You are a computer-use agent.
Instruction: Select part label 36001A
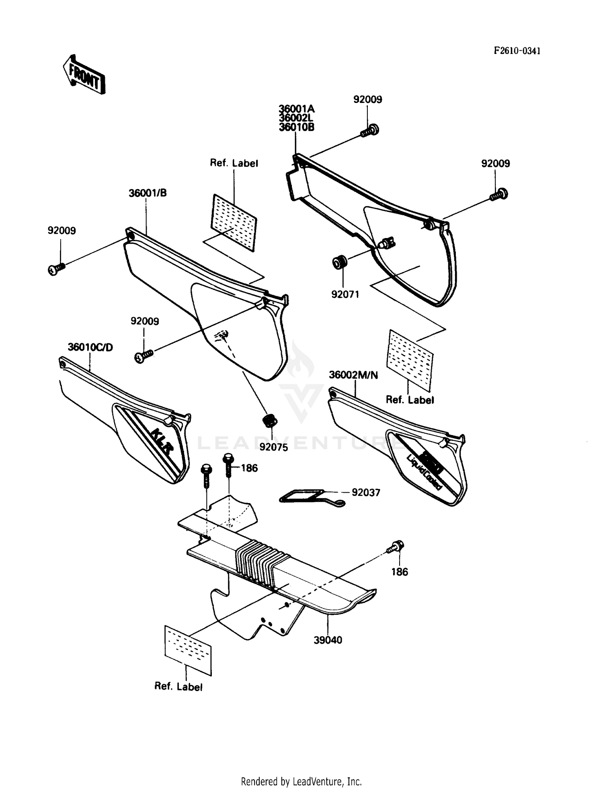297,109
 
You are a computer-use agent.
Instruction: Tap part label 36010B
297,127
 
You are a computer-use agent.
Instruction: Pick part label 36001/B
148,193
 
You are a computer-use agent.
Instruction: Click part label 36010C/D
90,347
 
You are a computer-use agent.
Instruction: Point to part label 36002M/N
353,375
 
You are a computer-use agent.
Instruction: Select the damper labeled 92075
270,421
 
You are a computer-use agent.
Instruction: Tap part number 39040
328,640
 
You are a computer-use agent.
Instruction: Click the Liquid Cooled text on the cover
424,472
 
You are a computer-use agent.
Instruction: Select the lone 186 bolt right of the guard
396,547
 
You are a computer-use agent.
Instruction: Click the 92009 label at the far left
62,231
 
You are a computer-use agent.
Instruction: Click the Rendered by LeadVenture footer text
301,781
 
